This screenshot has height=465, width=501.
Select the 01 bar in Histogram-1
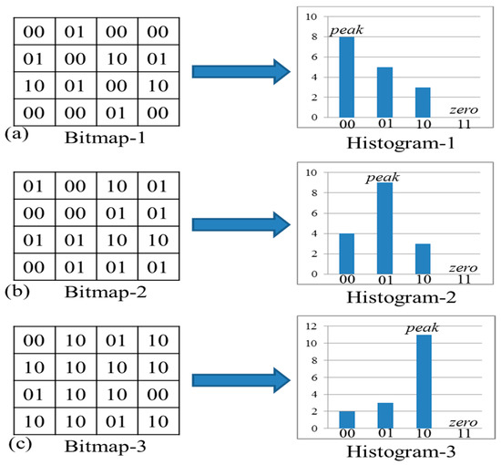pyautogui.click(x=384, y=92)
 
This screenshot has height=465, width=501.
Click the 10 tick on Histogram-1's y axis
pyautogui.click(x=312, y=16)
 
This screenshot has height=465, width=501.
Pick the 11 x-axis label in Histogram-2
pyautogui.click(x=464, y=280)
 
